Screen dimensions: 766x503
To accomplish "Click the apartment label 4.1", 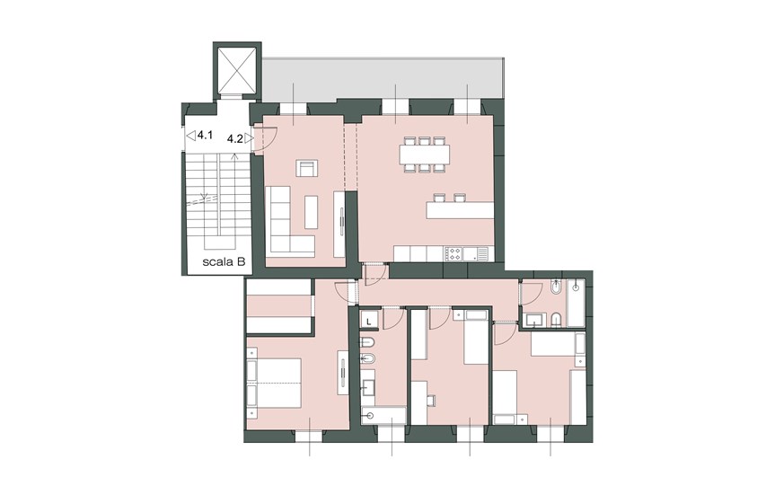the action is pos(205,135).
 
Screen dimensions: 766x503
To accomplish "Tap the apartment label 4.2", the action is pos(235,139).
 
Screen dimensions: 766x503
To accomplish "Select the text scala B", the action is pos(224,262).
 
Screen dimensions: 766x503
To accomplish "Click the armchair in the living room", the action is pos(307,168).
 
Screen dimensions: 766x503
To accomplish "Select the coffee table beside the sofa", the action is pos(311,212).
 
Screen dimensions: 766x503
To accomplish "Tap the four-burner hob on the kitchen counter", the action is pos(453,254).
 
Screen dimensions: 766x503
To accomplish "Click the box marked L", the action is pos(369,322).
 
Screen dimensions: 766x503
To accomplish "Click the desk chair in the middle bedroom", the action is pos(431,400).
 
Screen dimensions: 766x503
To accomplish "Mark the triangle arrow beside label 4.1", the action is pos(191,135).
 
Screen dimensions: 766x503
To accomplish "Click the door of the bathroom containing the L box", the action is pos(392,318).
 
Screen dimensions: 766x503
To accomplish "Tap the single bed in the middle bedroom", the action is pos(476,337).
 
